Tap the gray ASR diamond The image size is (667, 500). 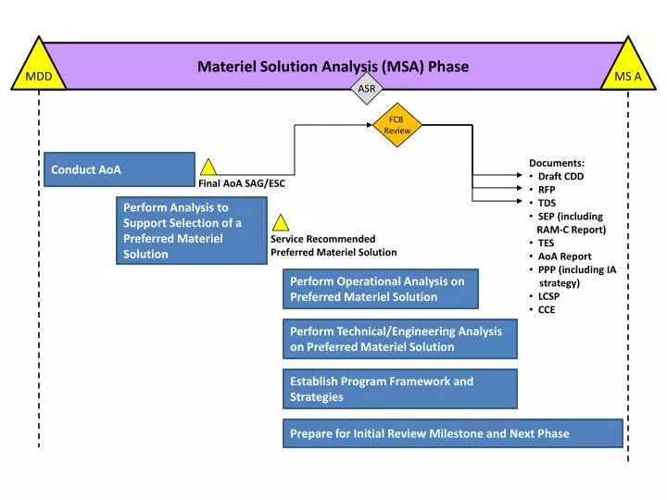tap(367, 89)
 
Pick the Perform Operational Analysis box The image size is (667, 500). tap(380, 289)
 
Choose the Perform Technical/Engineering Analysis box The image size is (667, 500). tap(399, 339)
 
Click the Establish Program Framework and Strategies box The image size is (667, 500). tap(399, 389)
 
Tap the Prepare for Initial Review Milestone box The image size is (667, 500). tap(452, 433)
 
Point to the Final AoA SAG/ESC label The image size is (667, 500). tap(242, 183)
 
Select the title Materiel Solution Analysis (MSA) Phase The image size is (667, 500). tap(333, 67)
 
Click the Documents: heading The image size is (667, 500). tap(557, 163)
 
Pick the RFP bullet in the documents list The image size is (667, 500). tap(547, 189)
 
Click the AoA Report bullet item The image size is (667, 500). tap(564, 256)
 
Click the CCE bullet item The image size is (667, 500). tap(547, 309)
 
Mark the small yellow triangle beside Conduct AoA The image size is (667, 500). tap(209, 168)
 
